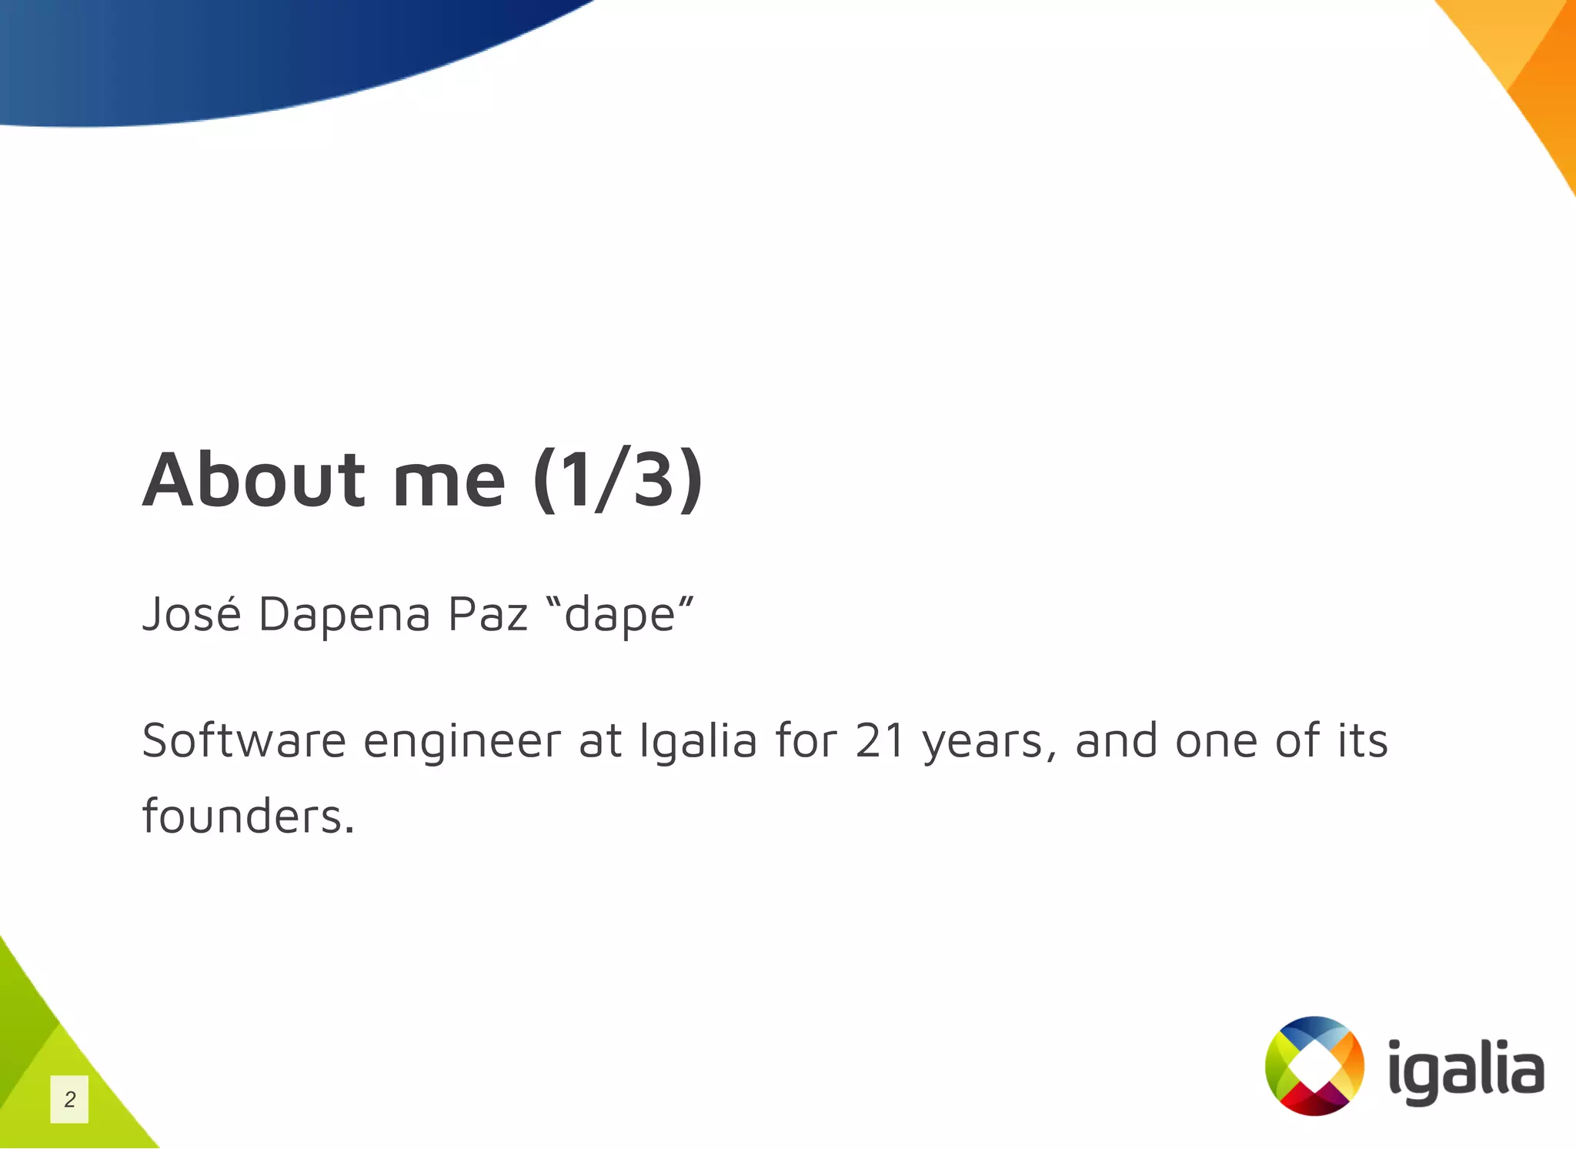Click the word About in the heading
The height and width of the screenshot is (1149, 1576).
point(253,479)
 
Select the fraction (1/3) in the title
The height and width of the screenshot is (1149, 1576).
point(617,479)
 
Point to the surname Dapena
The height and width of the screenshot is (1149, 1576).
point(343,616)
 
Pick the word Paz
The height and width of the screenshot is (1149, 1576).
point(488,614)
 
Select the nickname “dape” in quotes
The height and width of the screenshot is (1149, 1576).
point(619,616)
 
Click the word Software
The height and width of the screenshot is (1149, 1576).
point(244,740)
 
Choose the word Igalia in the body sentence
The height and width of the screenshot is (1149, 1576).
point(698,742)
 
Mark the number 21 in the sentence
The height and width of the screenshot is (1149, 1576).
point(880,740)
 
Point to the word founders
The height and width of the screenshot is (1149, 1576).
point(248,816)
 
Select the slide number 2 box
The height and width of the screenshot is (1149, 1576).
point(69,1099)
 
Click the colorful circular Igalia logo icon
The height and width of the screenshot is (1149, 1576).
point(1314,1066)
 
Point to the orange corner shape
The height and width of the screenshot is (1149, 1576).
point(1531,69)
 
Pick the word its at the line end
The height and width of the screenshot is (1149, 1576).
point(1362,740)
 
